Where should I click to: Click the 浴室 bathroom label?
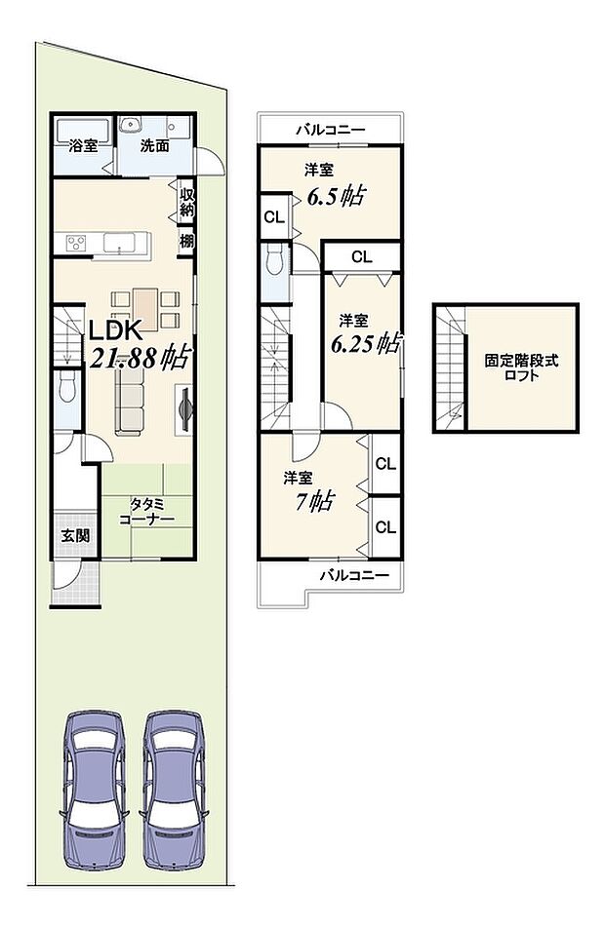83,147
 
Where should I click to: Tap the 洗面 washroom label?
154,147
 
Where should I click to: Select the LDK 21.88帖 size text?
139,357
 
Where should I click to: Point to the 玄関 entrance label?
73,535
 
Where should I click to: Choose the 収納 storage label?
185,202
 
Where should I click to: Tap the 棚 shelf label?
185,240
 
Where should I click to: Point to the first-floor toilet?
66,389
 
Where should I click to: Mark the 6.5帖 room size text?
335,196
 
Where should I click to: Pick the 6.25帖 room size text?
364,343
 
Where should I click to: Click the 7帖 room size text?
318,501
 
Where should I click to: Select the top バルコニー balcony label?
331,129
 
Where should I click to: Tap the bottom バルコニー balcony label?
354,575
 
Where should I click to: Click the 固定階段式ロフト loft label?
523,367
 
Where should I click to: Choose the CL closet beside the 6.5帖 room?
273,217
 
